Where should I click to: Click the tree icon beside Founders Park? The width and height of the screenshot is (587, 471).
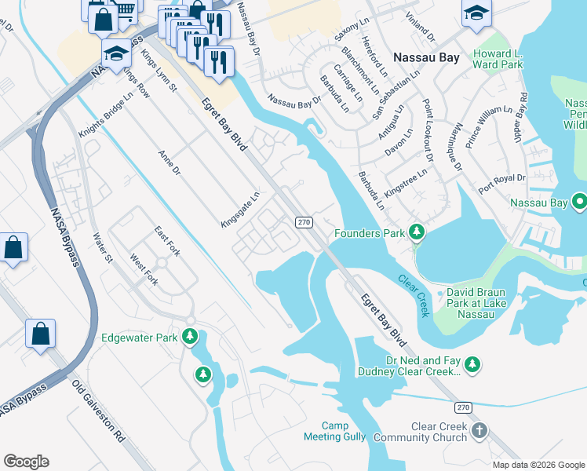tap(417, 232)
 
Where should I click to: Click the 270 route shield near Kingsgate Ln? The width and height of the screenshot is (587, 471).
tap(305, 223)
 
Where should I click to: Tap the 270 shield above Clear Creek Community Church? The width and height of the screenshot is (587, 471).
tap(463, 407)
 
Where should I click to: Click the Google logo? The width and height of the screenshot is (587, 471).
tap(26, 462)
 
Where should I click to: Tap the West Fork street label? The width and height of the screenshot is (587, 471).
tap(144, 270)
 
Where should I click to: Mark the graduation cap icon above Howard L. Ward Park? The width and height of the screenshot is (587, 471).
tap(476, 13)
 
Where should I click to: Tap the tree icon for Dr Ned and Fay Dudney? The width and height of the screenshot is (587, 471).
tap(472, 364)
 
